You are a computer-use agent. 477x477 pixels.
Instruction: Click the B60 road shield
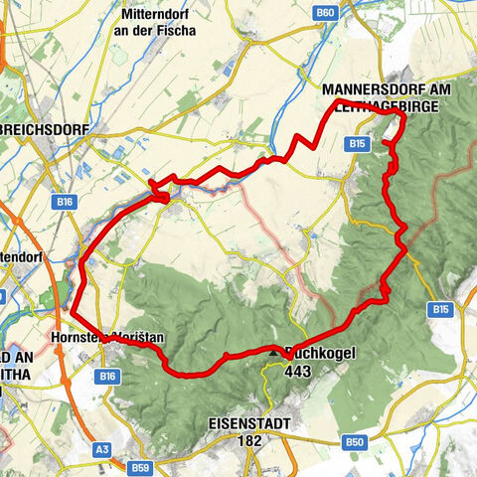[x=326, y=12]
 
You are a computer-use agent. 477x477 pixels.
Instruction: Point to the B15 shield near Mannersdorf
[x=359, y=144]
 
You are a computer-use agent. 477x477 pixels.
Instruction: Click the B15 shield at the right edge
[x=440, y=310]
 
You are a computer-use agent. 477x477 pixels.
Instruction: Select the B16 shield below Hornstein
[x=108, y=376]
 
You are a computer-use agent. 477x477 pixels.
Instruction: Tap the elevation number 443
[x=299, y=370]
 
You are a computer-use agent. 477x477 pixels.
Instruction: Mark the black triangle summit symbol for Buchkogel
[x=274, y=351]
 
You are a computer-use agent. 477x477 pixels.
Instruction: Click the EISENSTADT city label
[x=249, y=423]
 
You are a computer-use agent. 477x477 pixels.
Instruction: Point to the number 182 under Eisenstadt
[x=249, y=439]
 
